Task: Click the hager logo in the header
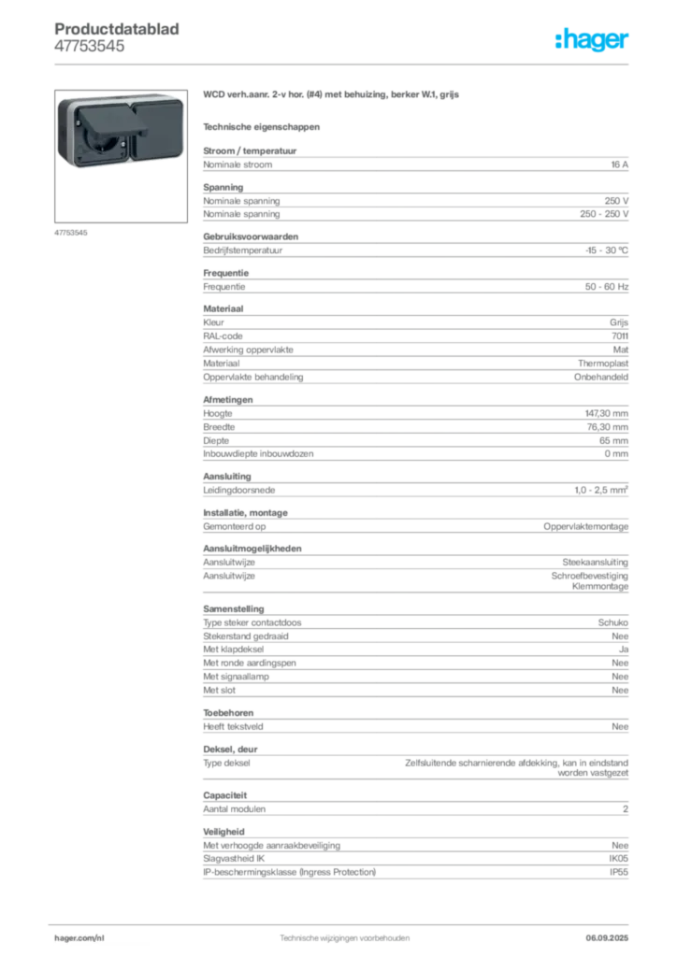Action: [x=592, y=39]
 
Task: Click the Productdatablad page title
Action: [x=117, y=29]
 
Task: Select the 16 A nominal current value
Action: [x=619, y=164]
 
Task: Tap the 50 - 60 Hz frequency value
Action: [x=606, y=286]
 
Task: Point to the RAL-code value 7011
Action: [x=620, y=336]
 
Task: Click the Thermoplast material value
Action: [x=602, y=364]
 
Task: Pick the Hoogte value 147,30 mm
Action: [x=606, y=413]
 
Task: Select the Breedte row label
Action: [x=219, y=426]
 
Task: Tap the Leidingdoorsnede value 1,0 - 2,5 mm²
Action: [x=600, y=490]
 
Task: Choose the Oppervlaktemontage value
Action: [x=585, y=526]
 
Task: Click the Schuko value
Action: [x=612, y=622]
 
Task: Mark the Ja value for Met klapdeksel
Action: [x=624, y=650]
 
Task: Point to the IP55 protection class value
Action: [x=618, y=872]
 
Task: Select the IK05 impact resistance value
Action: [x=618, y=858]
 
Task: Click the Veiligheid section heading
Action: [x=223, y=831]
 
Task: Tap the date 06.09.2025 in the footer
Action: [x=607, y=937]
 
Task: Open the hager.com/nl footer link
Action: [x=79, y=937]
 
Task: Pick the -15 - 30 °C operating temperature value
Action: [x=606, y=250]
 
